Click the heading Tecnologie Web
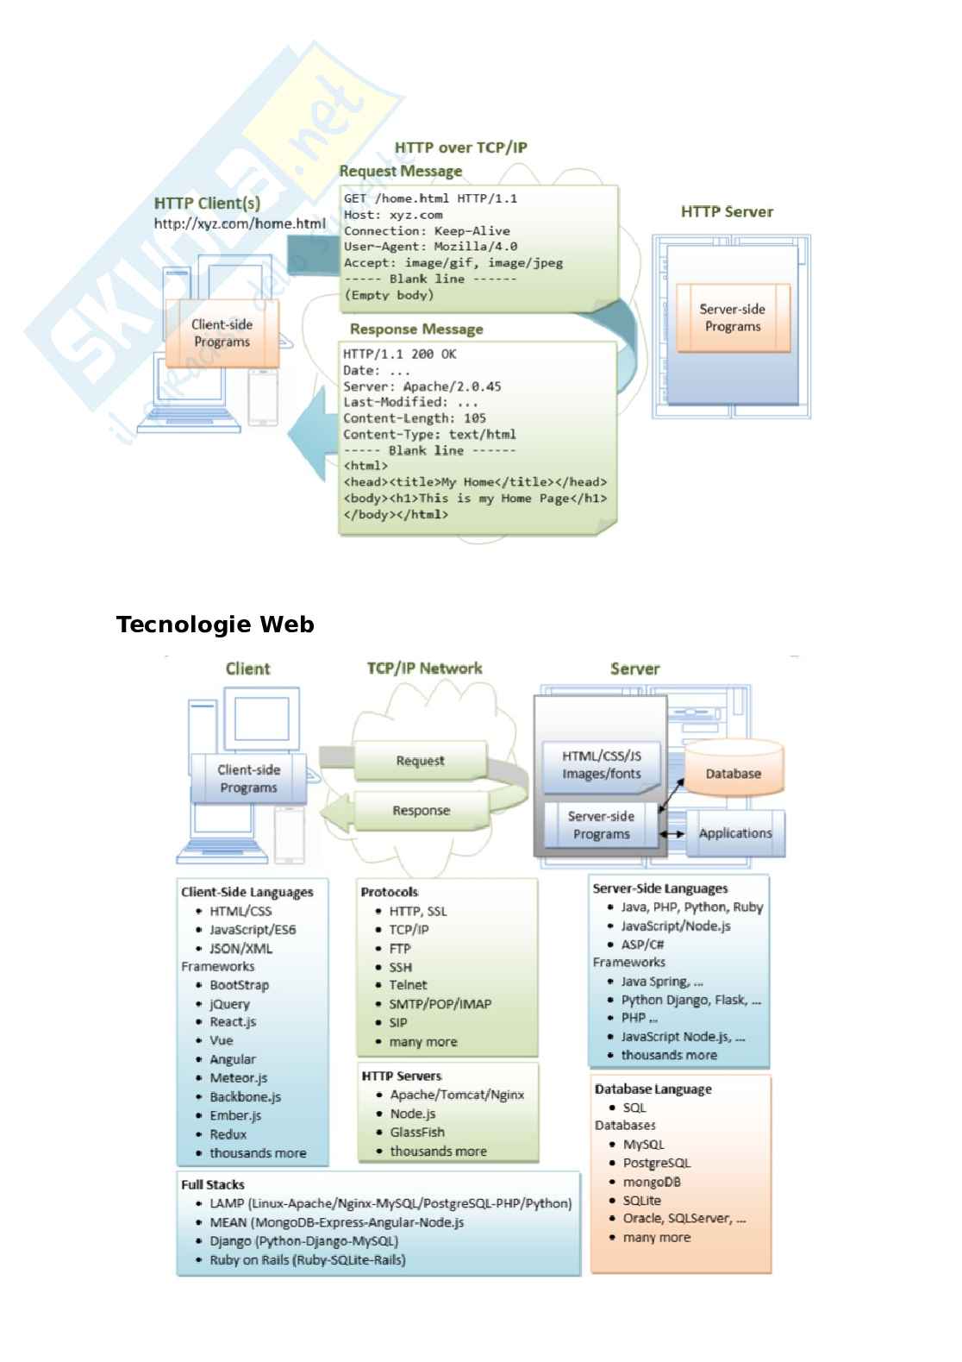tap(215, 625)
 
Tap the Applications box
tap(735, 833)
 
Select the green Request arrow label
tap(420, 761)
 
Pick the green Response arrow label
tap(421, 811)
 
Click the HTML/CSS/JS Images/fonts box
tap(602, 765)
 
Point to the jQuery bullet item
tap(229, 1004)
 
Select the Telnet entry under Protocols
tap(408, 985)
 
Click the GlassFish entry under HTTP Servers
tap(417, 1133)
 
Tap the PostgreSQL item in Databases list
tap(656, 1163)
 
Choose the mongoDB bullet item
tap(652, 1182)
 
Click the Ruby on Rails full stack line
tap(307, 1260)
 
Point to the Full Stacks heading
tap(213, 1184)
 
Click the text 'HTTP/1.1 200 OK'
tap(400, 355)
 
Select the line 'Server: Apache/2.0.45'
tap(422, 386)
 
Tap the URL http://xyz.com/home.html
tap(240, 224)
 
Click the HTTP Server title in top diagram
tap(727, 212)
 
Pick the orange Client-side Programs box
tap(222, 333)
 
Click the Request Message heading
tap(400, 172)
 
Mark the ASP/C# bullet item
tap(642, 945)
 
